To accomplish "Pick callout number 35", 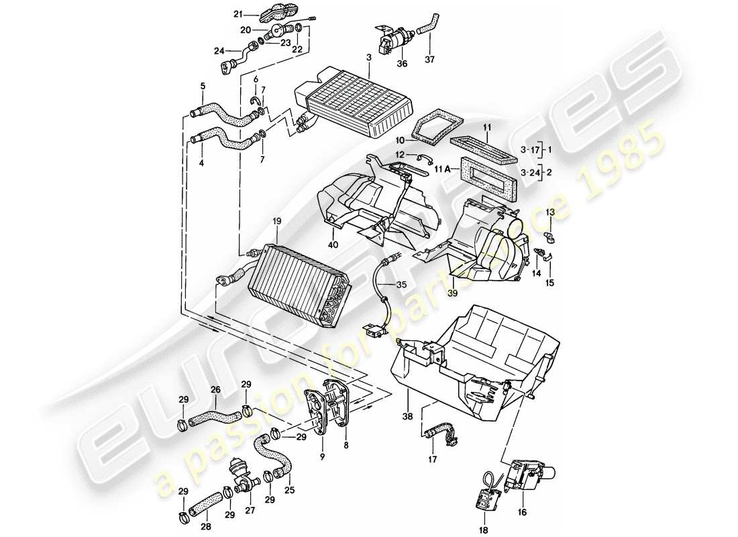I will pyautogui.click(x=401, y=285).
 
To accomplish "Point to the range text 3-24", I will pyautogui.click(x=529, y=173).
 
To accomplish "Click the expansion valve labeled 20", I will pyautogui.click(x=275, y=31).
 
